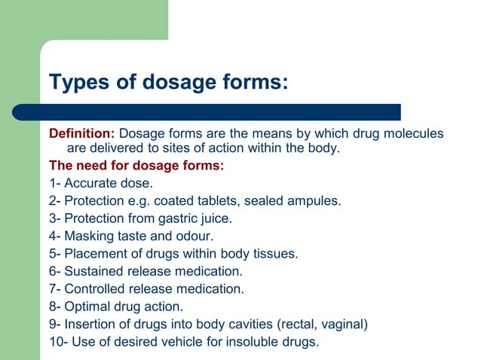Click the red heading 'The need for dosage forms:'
point(136,165)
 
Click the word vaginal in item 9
point(345,325)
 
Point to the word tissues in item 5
point(276,254)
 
